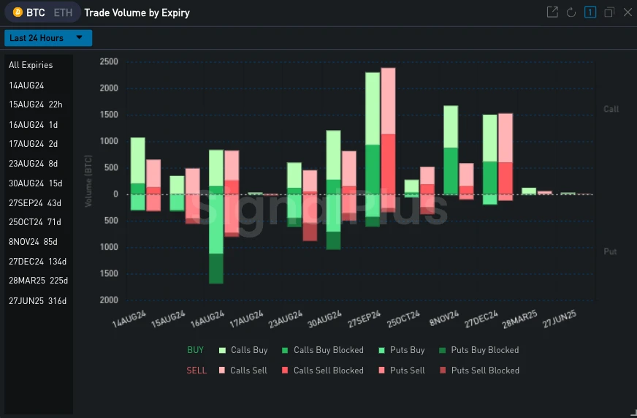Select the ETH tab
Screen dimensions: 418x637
pos(63,12)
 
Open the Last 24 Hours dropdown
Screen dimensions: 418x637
pos(48,38)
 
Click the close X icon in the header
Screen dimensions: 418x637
pos(627,12)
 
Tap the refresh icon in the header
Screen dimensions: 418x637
pos(571,12)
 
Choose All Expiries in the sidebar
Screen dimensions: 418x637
pos(31,65)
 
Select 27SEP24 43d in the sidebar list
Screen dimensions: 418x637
pos(35,202)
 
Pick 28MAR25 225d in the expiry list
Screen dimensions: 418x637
pos(38,281)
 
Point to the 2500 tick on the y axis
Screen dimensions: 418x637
pos(109,62)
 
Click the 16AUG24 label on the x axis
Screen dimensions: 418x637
pos(207,320)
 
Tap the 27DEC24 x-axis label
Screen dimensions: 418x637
pos(481,320)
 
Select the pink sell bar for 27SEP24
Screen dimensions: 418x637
pos(388,139)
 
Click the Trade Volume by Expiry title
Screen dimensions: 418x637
pos(137,12)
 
